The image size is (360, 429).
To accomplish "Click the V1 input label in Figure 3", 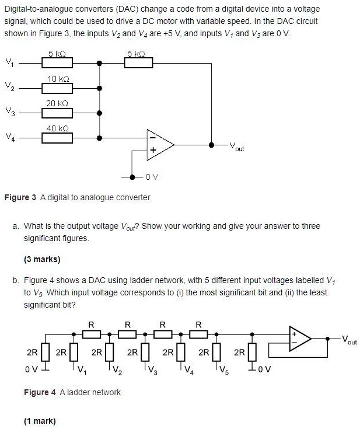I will click(9, 62).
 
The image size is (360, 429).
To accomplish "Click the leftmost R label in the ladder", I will click(90, 325).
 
